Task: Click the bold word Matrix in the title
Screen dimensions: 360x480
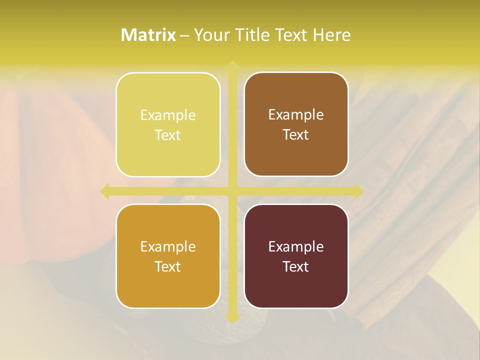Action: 148,35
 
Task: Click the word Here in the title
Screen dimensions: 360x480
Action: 331,35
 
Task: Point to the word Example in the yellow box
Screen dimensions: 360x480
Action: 168,115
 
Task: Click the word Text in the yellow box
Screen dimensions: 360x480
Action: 168,135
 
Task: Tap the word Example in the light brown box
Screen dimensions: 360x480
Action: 296,115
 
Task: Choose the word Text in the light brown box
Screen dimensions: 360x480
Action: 296,135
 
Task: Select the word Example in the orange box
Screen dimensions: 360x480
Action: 168,247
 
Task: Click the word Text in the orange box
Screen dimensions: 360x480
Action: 168,267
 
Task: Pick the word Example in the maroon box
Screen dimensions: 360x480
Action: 296,247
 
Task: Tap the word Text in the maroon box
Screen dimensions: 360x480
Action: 296,267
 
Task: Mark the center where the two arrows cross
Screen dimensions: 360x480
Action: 232,191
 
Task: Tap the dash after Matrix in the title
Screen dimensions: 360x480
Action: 184,35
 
